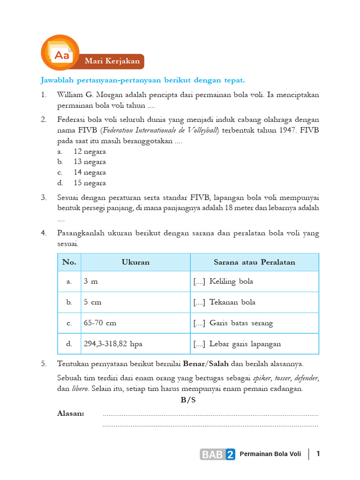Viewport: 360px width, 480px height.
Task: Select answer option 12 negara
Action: (x=90, y=151)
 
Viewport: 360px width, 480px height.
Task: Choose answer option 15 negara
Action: (x=90, y=183)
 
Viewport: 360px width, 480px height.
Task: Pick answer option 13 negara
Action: (x=90, y=162)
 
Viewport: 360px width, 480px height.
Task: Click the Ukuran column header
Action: (x=135, y=262)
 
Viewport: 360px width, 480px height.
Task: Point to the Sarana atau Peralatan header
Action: (x=255, y=262)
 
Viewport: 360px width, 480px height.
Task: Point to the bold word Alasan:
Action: (x=71, y=413)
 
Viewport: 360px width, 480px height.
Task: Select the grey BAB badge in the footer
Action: (x=212, y=454)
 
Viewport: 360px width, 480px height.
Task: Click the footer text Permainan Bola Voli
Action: (x=270, y=454)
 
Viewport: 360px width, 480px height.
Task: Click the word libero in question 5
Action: (x=80, y=389)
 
